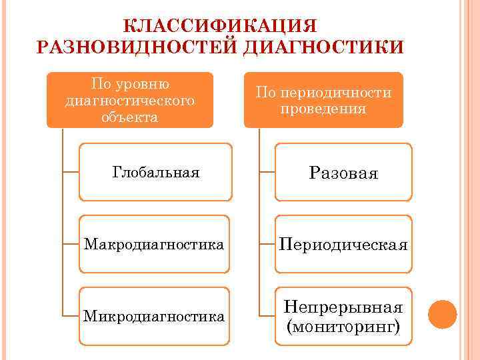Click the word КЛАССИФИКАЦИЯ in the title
(x=221, y=25)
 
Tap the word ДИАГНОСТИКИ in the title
(x=323, y=48)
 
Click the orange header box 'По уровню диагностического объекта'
(x=130, y=100)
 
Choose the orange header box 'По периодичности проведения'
(x=323, y=100)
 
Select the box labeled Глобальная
(x=155, y=173)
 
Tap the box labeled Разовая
(x=343, y=173)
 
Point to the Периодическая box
(x=343, y=245)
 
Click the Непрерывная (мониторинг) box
(x=343, y=317)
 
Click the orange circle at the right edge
(x=442, y=314)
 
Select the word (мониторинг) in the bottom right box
(x=343, y=327)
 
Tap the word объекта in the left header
(x=130, y=117)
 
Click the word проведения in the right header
(x=323, y=109)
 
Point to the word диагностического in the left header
(x=130, y=101)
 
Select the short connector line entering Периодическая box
(x=267, y=244)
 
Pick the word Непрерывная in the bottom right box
(x=343, y=307)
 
